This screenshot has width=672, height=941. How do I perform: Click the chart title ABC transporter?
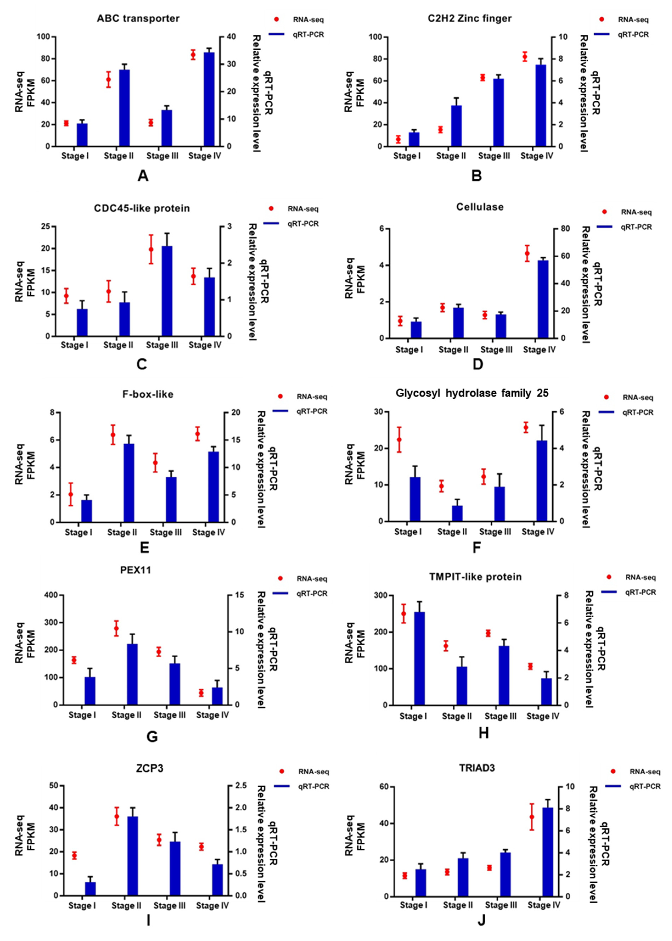pyautogui.click(x=138, y=19)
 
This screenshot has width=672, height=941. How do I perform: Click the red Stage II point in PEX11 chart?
pyautogui.click(x=116, y=628)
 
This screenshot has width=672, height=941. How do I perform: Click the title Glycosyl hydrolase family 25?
pyautogui.click(x=472, y=393)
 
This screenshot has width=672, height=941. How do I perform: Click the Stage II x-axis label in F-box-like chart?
pyautogui.click(x=122, y=532)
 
